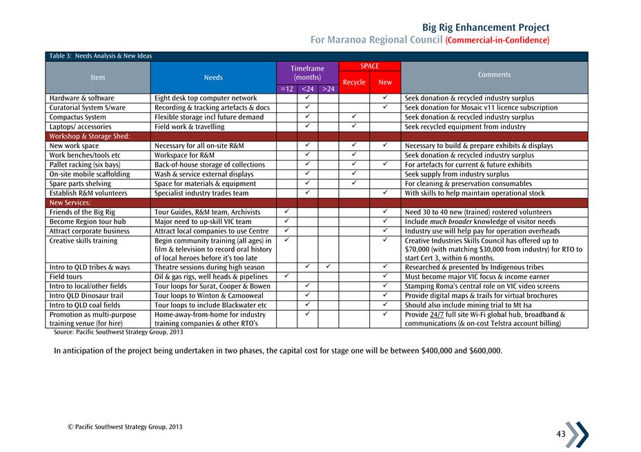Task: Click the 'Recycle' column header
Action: click(x=354, y=83)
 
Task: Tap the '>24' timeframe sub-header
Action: click(x=328, y=89)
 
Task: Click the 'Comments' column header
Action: click(x=494, y=74)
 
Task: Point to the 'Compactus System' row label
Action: click(x=77, y=117)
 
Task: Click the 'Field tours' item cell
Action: click(x=66, y=276)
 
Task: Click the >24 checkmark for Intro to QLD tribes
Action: click(x=328, y=267)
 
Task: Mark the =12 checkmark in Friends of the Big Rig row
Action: click(x=286, y=212)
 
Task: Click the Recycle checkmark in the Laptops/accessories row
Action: click(x=353, y=127)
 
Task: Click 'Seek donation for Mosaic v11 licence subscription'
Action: click(x=481, y=108)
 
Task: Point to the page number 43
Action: click(x=560, y=433)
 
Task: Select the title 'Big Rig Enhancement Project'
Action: click(x=486, y=28)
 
